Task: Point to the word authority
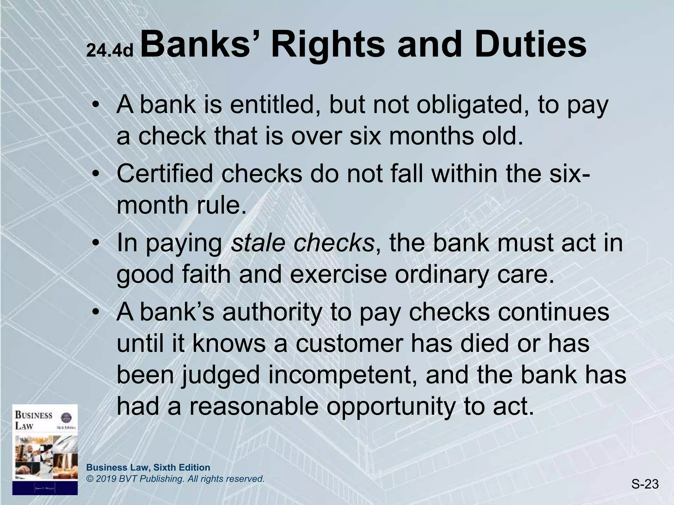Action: pyautogui.click(x=272, y=313)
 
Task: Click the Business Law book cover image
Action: pyautogui.click(x=45, y=449)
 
